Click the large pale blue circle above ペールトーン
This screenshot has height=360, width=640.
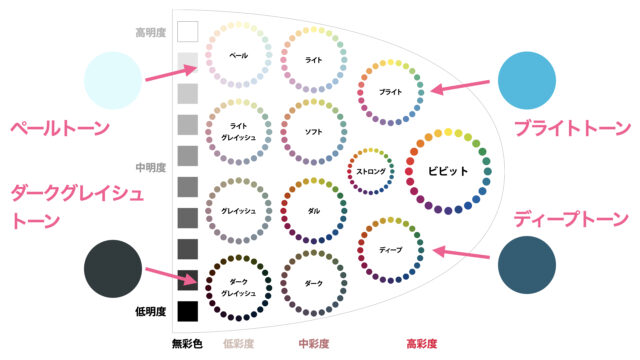pos(113,80)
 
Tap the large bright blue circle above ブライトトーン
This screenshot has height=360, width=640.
pos(527,80)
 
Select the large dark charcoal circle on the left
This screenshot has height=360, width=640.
pos(113,269)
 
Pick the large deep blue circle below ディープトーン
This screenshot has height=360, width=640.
pos(527,265)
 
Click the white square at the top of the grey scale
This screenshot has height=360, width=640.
pos(188,31)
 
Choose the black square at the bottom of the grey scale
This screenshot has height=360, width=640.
pos(188,311)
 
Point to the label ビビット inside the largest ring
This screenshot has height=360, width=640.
pos(448,171)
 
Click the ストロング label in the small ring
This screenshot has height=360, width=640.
pos(371,171)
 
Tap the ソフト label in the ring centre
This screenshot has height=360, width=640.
pos(313,132)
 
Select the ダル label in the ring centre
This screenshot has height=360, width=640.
pos(313,211)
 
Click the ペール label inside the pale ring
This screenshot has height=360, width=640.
pos(238,56)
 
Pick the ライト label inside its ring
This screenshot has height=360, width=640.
pos(313,60)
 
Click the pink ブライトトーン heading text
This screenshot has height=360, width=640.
pos(572,128)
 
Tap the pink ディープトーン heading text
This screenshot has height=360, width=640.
pos(571,219)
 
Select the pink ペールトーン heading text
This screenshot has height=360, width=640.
pos(60,128)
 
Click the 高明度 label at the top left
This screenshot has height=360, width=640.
pos(151,33)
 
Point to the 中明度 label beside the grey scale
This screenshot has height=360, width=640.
pos(151,167)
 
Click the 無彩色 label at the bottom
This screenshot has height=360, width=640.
pos(187,344)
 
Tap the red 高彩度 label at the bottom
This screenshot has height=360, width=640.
pos(422,344)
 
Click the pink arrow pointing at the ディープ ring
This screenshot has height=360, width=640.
pos(461,253)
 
